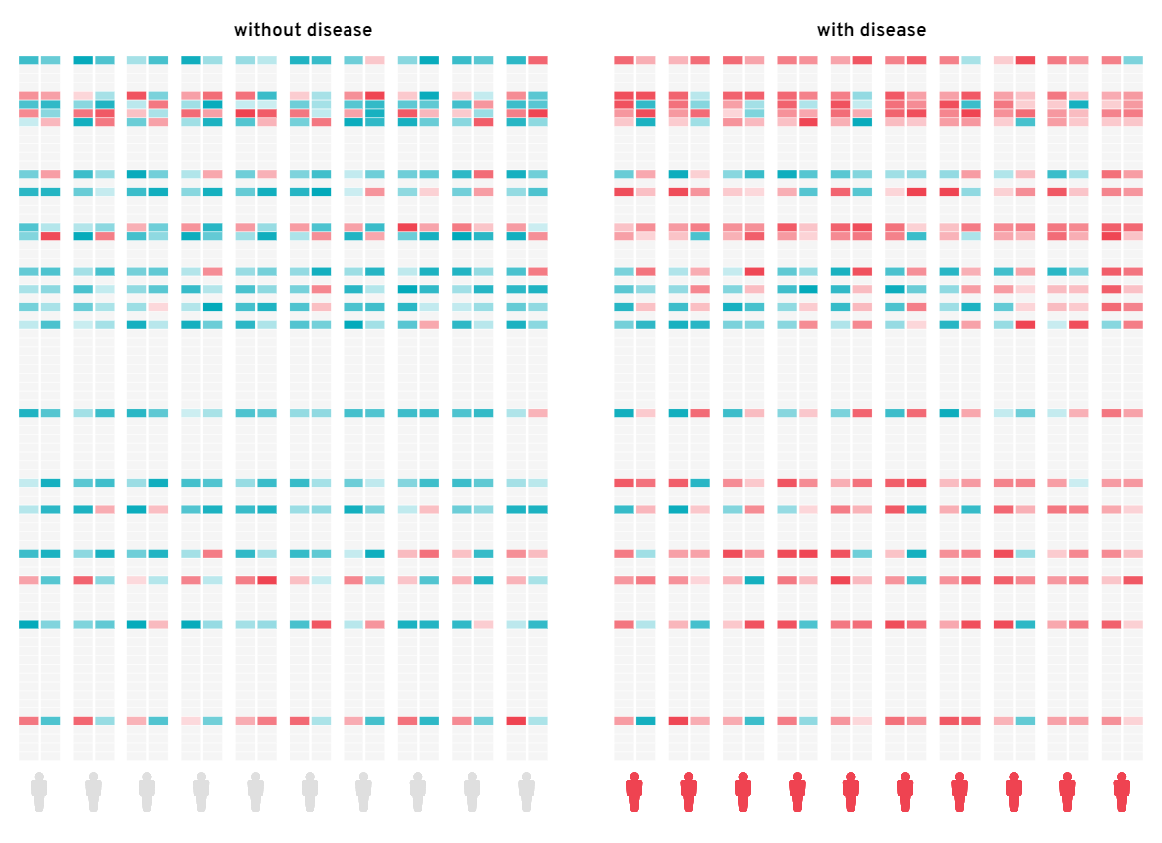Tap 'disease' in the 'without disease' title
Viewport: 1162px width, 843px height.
tap(339, 30)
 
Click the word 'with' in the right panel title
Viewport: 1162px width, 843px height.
tap(834, 30)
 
